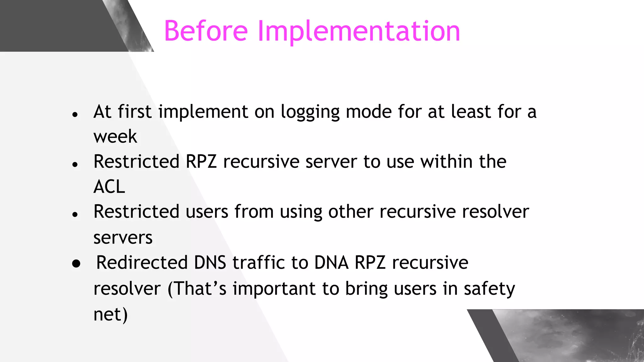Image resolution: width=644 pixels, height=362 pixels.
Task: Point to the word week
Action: (x=115, y=137)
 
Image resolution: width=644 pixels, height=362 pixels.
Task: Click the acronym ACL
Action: (x=109, y=187)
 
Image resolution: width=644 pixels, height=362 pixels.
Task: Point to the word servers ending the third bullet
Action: (x=123, y=238)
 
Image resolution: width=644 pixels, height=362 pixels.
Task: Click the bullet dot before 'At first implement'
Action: (x=75, y=114)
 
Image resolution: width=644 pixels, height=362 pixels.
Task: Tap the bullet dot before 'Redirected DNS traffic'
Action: (x=76, y=263)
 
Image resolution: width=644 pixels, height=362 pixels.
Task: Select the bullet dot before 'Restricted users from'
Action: (x=75, y=215)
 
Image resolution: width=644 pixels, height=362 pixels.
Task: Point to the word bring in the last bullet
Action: (x=366, y=289)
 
